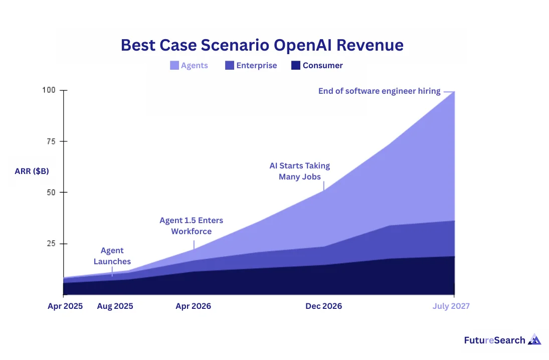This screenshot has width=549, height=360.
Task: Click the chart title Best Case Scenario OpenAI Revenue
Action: point(262,45)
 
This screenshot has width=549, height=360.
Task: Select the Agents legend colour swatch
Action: point(174,65)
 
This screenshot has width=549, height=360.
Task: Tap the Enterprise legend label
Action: point(256,65)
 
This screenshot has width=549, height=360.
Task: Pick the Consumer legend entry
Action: point(322,65)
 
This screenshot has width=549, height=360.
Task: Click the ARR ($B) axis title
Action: point(32,171)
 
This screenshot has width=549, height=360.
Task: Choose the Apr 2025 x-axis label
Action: point(65,306)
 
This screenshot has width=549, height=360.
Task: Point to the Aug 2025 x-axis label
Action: point(115,306)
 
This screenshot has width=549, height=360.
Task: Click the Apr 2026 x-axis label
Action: point(193,306)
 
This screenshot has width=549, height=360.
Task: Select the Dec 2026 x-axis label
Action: point(323,306)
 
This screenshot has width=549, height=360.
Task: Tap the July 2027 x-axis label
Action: point(451,306)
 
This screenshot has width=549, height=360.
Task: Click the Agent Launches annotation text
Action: point(112,256)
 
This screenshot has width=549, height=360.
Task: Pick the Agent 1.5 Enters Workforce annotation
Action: point(191,226)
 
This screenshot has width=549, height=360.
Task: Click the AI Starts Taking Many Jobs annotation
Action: point(299,171)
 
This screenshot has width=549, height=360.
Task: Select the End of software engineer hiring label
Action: point(379,91)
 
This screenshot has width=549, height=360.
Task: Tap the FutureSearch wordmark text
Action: point(494,340)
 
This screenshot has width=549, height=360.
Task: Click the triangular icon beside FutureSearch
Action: point(534,339)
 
